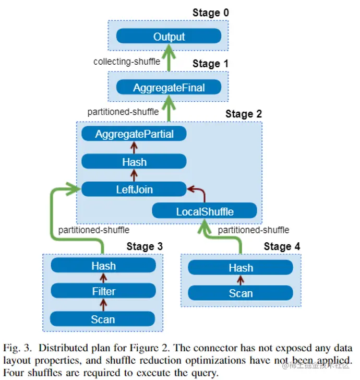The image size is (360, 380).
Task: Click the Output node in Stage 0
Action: pos(169,36)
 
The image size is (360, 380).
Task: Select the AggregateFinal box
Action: pos(169,87)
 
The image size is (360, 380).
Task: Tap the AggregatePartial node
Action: pos(134,134)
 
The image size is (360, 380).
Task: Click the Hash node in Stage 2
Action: pos(134,161)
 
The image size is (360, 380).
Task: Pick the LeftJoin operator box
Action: pos(134,189)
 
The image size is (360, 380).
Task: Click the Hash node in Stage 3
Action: pos(103,265)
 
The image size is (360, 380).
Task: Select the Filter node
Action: pos(103,291)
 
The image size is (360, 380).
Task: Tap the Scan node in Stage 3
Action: pos(102,319)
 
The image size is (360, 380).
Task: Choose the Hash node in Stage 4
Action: pos(241,268)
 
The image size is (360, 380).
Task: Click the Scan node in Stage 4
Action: pos(241,293)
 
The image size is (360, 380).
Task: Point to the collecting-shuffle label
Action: pos(127,62)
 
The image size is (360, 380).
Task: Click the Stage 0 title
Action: pos(211,13)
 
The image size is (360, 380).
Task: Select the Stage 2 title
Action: pos(244,114)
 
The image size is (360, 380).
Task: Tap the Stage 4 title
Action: pos(282,246)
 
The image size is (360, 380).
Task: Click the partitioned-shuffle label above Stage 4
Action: pos(254,230)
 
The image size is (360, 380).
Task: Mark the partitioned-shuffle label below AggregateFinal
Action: pos(123,112)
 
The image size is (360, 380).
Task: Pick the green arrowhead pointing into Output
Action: pos(169,51)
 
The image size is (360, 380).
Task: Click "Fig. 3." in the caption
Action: pos(17,348)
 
